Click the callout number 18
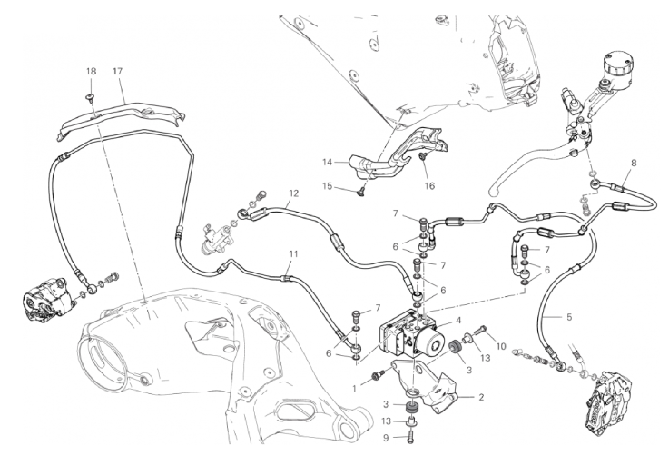[x=92, y=71]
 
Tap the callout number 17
[x=117, y=71]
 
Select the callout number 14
[x=328, y=162]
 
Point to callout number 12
[x=293, y=193]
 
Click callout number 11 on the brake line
[x=292, y=254]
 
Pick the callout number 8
[x=634, y=163]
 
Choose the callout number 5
[x=569, y=317]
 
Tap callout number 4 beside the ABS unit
[x=458, y=321]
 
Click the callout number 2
[x=481, y=398]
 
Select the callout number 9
[x=386, y=437]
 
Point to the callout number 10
[x=501, y=346]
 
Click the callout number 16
[x=429, y=185]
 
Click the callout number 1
[x=354, y=389]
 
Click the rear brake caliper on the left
[x=48, y=299]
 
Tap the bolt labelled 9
[x=410, y=437]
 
